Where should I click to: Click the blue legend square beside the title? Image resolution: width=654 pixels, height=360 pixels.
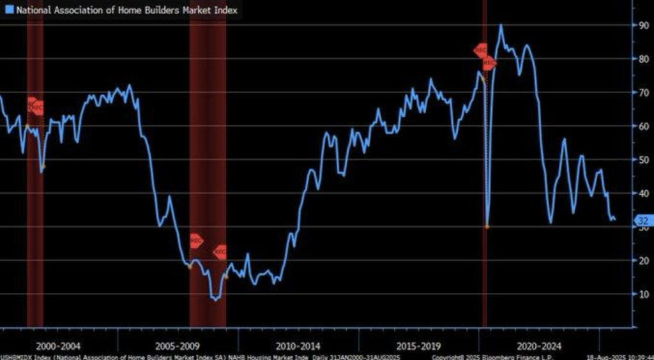point(8,10)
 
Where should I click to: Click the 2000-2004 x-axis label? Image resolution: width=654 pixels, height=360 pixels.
point(58,345)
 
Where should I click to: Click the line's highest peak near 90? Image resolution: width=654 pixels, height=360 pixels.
point(501,26)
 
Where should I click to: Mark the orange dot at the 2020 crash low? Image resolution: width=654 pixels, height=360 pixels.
point(487,226)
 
